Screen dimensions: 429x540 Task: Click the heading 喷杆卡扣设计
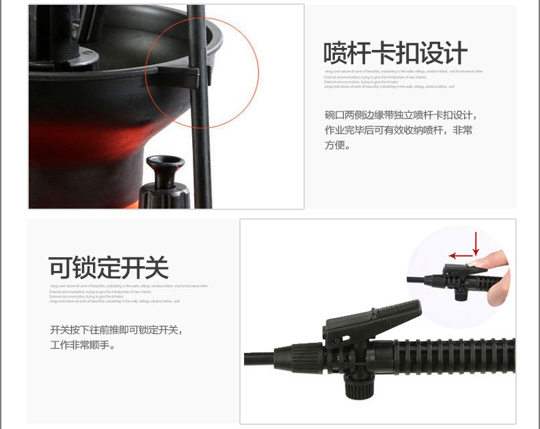395,53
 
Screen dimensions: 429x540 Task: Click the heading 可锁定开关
108,268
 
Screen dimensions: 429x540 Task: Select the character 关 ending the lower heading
157,268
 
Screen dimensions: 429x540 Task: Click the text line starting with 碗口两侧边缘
401,114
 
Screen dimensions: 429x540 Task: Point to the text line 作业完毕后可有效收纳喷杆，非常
398,129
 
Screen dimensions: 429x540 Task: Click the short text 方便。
337,145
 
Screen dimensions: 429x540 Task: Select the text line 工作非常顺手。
83,345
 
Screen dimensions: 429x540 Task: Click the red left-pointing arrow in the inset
462,256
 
